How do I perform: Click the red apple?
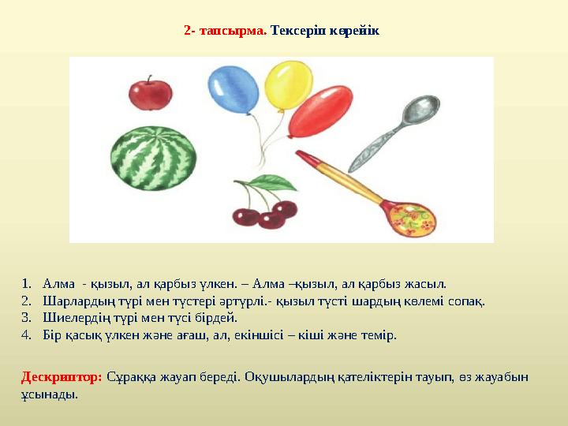click(x=149, y=95)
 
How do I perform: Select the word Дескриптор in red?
click(x=62, y=377)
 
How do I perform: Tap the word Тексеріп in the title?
click(x=298, y=32)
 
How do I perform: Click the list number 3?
click(x=26, y=317)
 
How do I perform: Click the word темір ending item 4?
click(x=380, y=334)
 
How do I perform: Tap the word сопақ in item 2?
click(x=467, y=301)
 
